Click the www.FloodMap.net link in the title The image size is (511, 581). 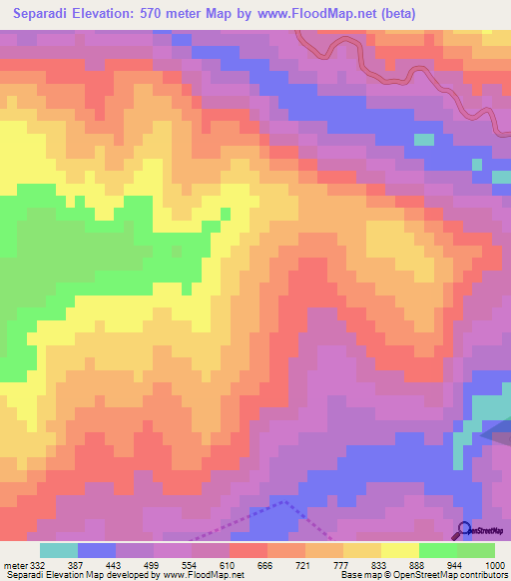tap(312, 13)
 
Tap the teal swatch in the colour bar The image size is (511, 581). tap(59, 550)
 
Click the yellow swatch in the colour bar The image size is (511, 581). tap(399, 550)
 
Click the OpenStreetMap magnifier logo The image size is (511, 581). tap(465, 530)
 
